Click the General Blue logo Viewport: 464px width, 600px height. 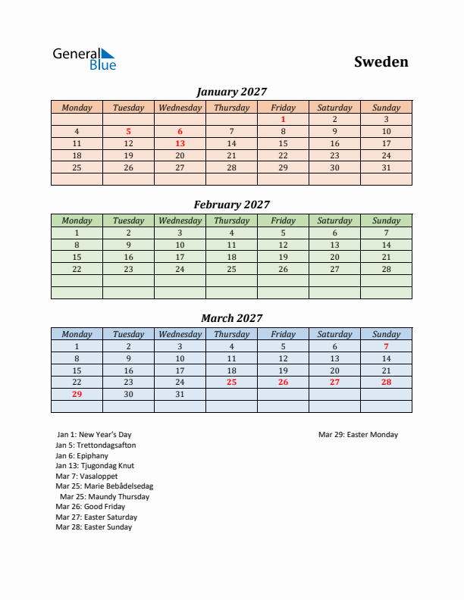pos(83,59)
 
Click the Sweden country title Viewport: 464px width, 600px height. pos(381,62)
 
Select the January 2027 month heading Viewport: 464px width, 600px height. pos(231,92)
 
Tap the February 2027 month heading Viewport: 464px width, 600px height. pos(231,205)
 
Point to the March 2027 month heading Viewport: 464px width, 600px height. pos(231,318)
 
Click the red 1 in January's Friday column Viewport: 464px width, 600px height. pos(283,119)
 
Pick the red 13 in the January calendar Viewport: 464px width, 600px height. pos(180,143)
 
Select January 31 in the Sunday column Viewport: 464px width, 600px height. pos(386,167)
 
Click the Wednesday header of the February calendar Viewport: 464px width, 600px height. pos(180,220)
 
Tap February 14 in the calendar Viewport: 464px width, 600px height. pos(386,245)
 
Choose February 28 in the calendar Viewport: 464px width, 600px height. pos(386,269)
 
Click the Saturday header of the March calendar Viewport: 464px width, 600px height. pos(334,334)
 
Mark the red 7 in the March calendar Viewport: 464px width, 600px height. pos(386,346)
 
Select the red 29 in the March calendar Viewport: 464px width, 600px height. pos(77,394)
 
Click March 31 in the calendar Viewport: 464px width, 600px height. pos(180,394)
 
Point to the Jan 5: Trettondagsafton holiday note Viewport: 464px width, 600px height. pos(96,445)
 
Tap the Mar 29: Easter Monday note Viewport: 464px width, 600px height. pos(358,435)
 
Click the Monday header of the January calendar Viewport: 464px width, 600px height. pos(77,108)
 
